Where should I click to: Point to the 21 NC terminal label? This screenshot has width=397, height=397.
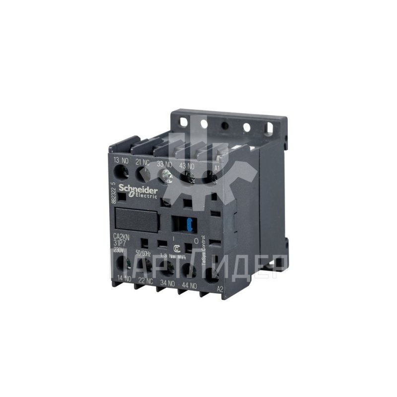point(142,162)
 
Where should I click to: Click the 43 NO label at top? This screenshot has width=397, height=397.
point(187,166)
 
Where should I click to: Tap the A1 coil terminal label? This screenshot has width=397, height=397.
point(216,169)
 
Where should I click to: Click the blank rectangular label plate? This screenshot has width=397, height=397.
point(136,219)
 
